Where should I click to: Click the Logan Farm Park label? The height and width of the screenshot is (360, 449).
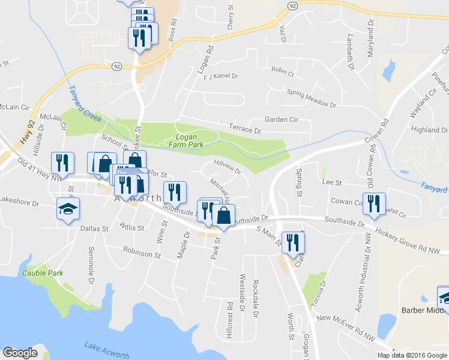[x=188, y=140]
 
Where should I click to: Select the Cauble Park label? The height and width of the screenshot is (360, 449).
[x=43, y=272]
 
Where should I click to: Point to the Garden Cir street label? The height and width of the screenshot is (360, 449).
[x=282, y=119]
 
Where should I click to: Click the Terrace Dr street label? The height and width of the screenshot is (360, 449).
[x=246, y=129]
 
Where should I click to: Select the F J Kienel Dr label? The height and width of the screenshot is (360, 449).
[x=221, y=76]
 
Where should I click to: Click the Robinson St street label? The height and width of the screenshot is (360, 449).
[x=142, y=254]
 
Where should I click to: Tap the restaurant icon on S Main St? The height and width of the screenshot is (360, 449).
[x=293, y=242]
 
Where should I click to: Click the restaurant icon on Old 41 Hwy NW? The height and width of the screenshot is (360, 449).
[x=62, y=162]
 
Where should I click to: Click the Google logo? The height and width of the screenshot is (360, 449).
[x=20, y=353]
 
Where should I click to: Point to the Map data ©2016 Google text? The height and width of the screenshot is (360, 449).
[x=411, y=355]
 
